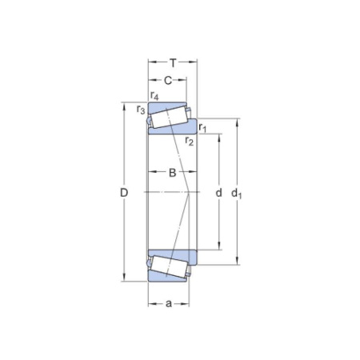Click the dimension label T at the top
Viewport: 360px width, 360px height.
point(172,62)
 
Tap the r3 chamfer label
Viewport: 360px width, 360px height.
point(141,109)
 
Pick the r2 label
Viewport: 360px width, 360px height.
point(190,142)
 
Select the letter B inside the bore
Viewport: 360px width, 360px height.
point(171,173)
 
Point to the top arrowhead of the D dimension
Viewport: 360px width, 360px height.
point(124,106)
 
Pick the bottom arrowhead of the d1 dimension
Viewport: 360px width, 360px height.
point(237,261)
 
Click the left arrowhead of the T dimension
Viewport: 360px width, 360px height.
point(150,62)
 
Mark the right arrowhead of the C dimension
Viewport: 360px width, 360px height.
point(186,79)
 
